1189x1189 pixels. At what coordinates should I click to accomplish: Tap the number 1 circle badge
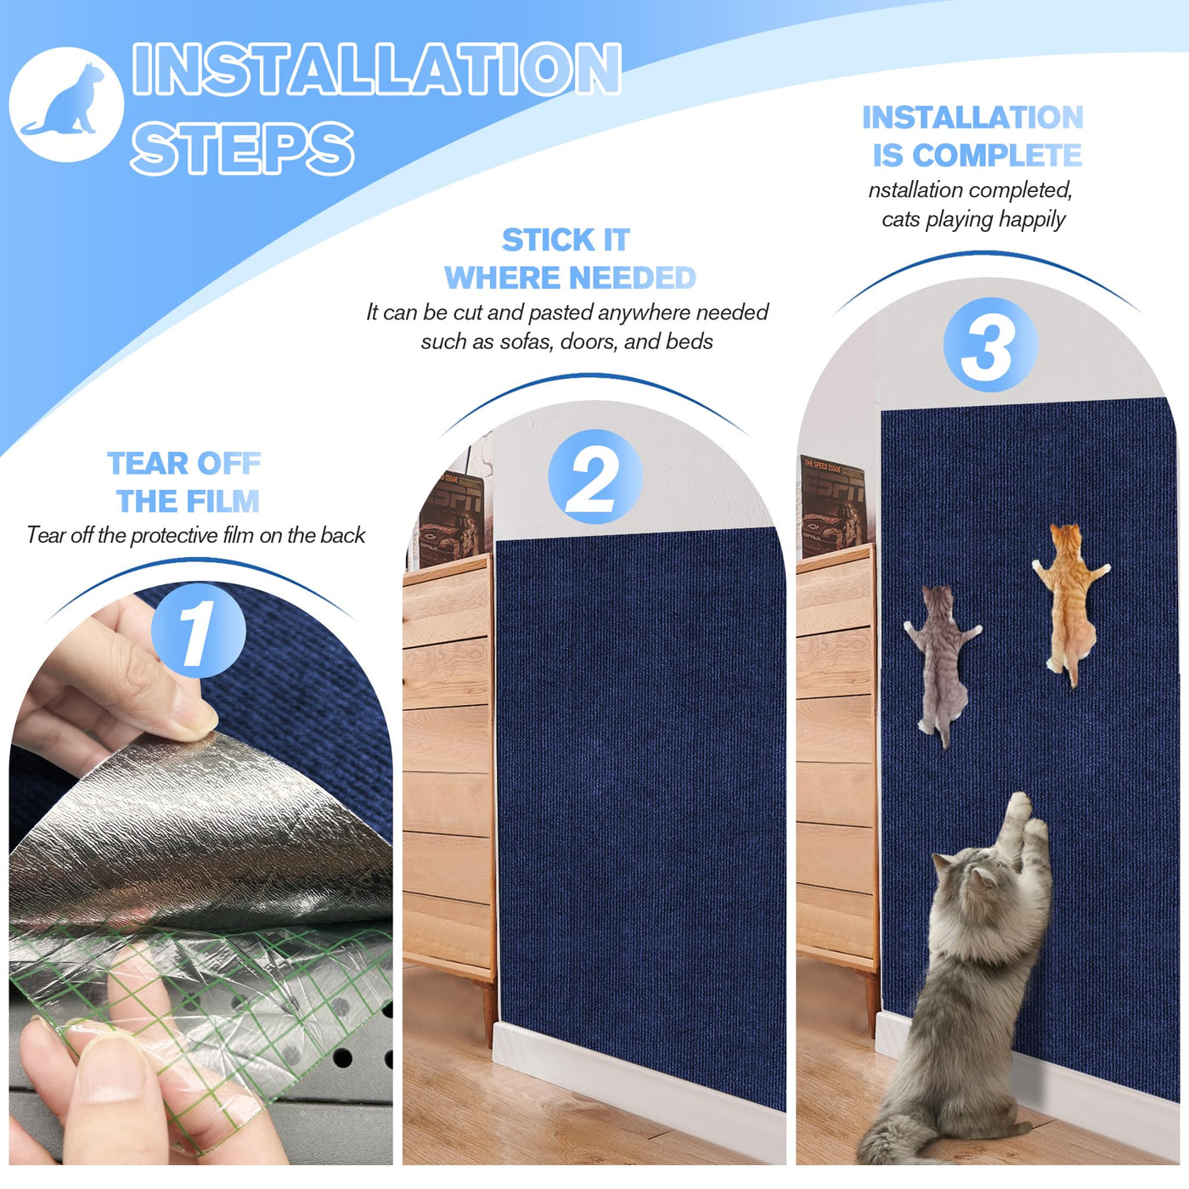198,630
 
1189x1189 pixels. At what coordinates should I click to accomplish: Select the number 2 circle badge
594,476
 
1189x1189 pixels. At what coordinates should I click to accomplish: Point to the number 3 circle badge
990,345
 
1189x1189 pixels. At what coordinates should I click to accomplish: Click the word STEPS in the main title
242,148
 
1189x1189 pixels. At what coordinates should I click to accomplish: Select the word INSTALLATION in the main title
376,68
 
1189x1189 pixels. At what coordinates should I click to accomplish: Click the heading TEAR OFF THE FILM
185,482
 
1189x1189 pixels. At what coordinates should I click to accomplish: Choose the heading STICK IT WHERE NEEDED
569,258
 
